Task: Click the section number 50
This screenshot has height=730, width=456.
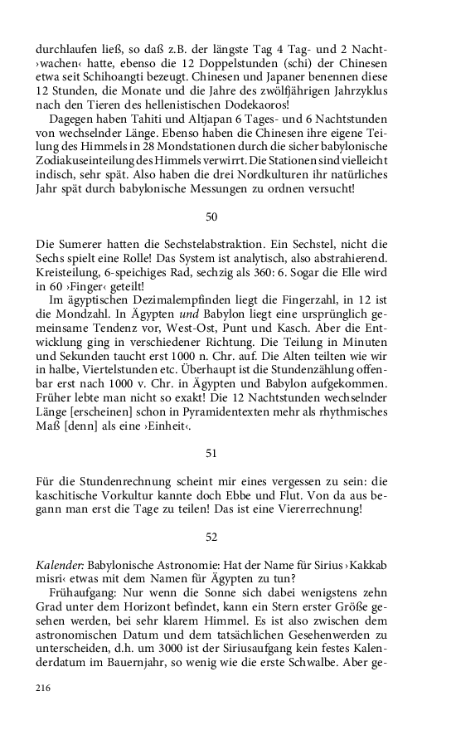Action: [x=211, y=217]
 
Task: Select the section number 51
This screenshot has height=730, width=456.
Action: [x=211, y=453]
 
